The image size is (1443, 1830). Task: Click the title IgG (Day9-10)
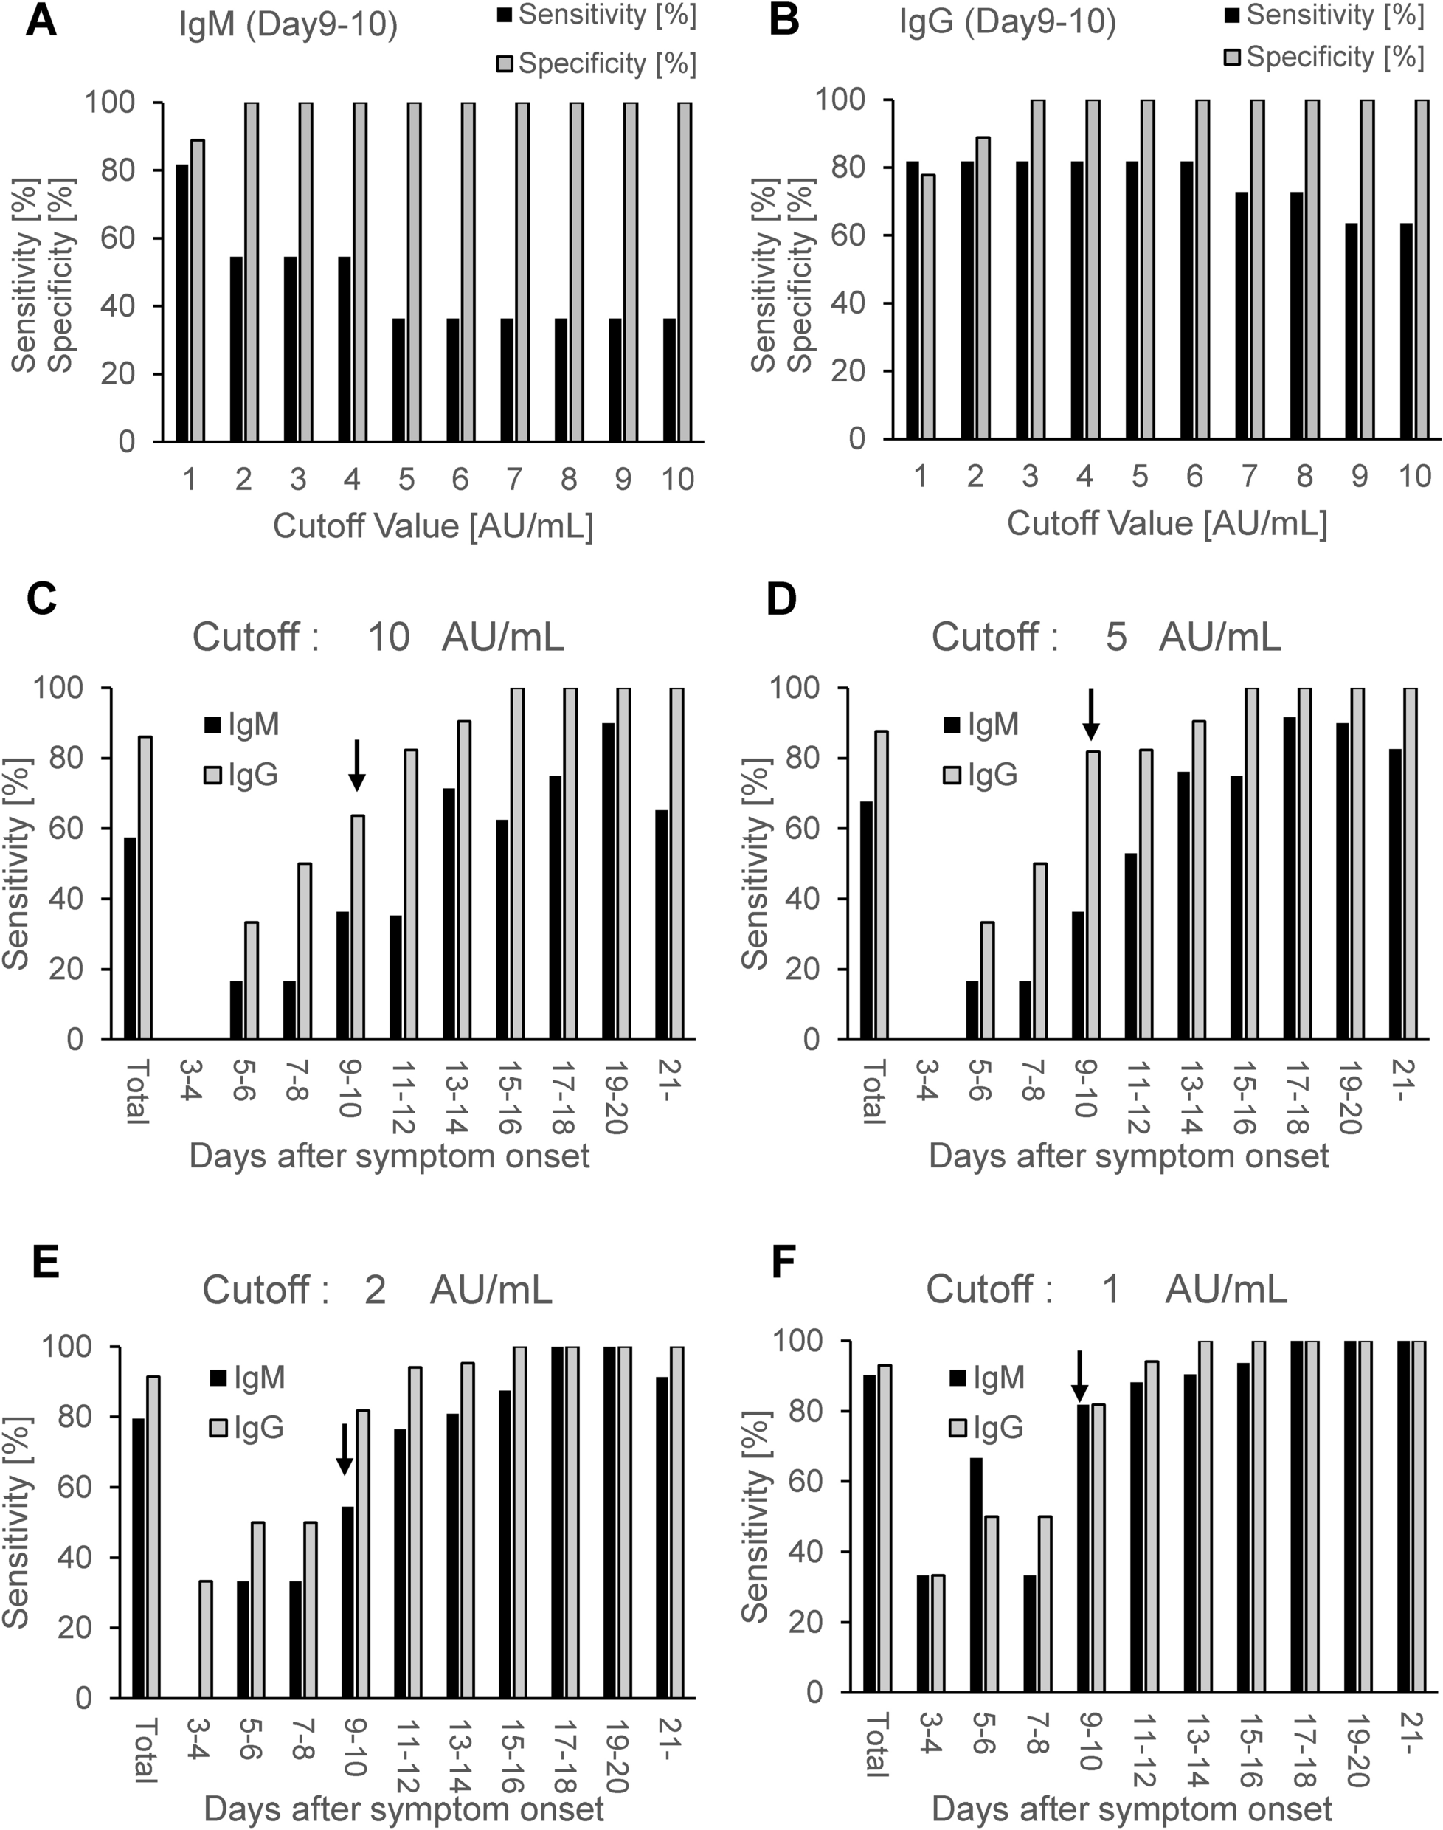[1007, 23]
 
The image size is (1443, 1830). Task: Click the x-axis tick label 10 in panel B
[1413, 476]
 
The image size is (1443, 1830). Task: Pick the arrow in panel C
[356, 765]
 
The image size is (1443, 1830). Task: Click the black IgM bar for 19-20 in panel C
[609, 880]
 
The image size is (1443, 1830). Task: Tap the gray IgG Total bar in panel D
[881, 885]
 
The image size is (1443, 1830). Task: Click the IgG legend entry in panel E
[248, 1428]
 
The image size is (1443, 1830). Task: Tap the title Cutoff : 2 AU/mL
[377, 1290]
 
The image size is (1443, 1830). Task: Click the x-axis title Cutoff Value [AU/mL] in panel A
[432, 526]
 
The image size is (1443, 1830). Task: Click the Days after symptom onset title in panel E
[404, 1809]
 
